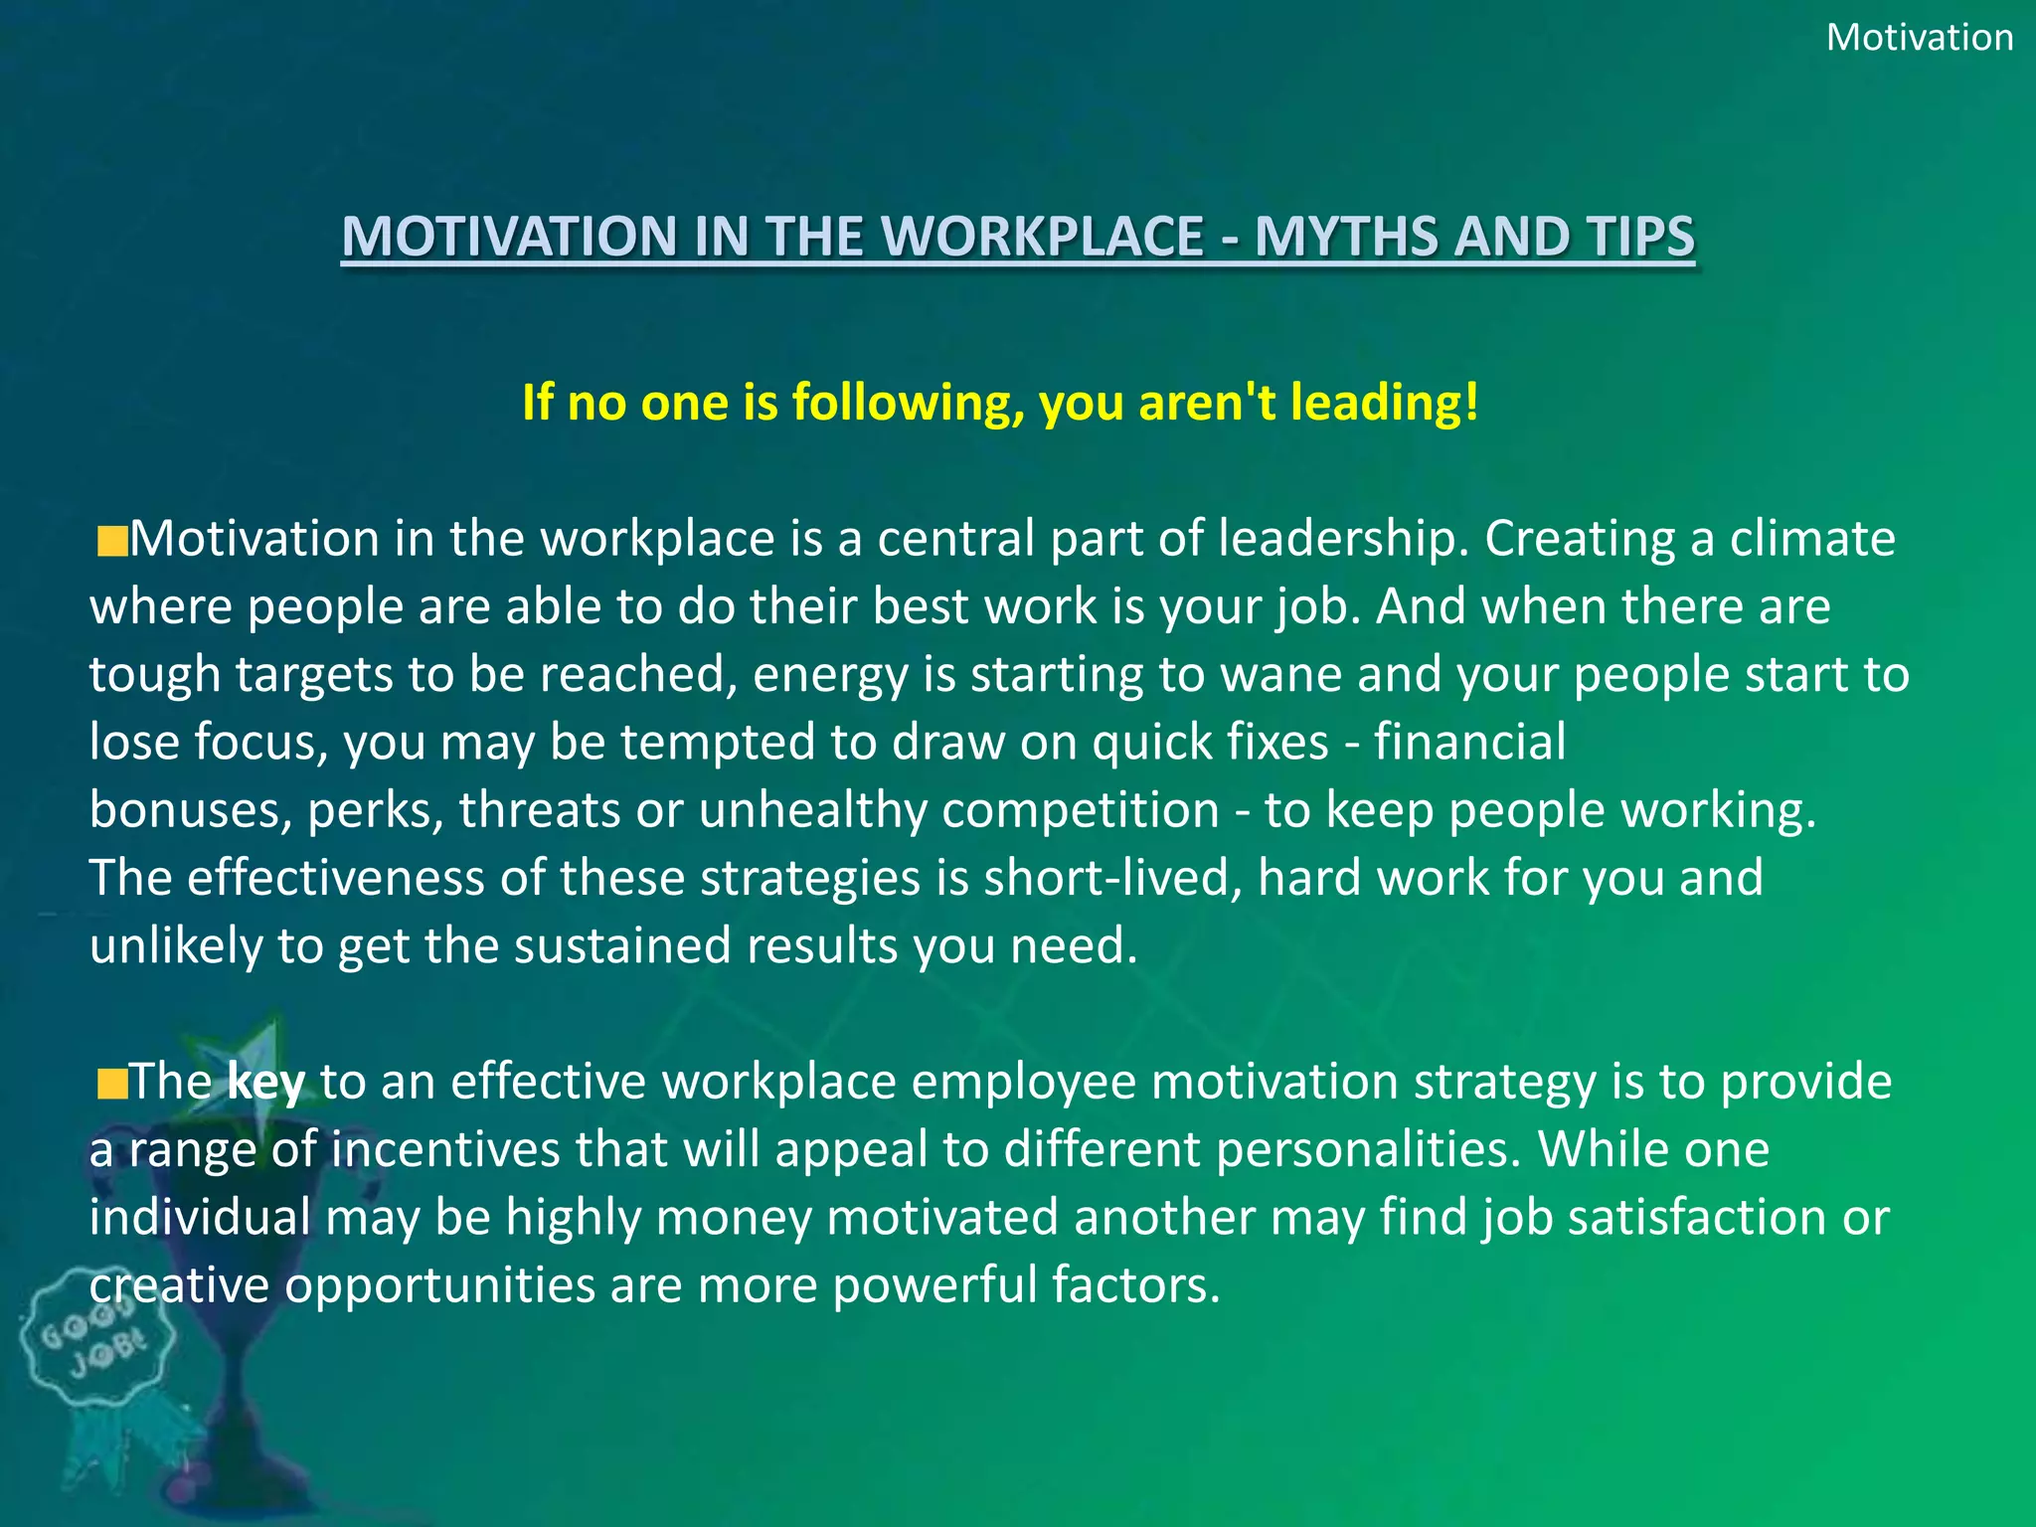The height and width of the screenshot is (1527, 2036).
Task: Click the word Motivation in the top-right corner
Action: coord(1919,38)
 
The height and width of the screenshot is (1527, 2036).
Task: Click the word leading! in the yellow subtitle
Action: coord(1384,403)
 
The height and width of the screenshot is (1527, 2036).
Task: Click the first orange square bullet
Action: coord(112,543)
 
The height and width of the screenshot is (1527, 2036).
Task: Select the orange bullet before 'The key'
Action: coord(112,1085)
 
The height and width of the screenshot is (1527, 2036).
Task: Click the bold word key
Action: coord(265,1082)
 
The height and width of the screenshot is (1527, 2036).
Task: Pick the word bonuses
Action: coord(189,810)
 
